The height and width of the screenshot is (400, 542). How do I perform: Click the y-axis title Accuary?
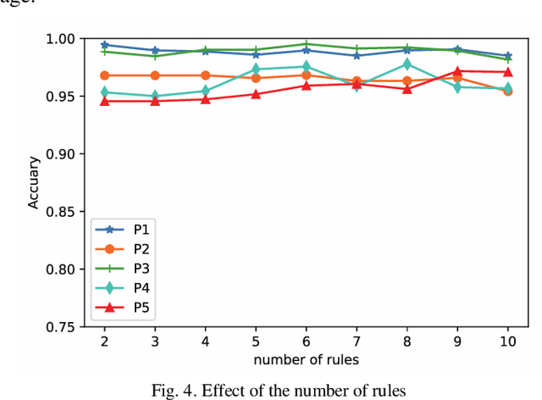pyautogui.click(x=34, y=183)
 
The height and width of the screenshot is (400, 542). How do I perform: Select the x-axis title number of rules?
pyautogui.click(x=306, y=359)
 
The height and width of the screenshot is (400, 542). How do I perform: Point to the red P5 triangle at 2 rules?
pyautogui.click(x=104, y=101)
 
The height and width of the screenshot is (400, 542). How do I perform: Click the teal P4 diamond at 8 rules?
pyautogui.click(x=406, y=64)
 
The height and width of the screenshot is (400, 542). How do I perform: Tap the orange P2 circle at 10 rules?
pyautogui.click(x=507, y=90)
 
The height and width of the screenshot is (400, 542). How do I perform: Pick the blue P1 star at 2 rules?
pyautogui.click(x=104, y=45)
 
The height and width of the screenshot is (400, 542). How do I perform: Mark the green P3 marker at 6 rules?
pyautogui.click(x=306, y=43)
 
